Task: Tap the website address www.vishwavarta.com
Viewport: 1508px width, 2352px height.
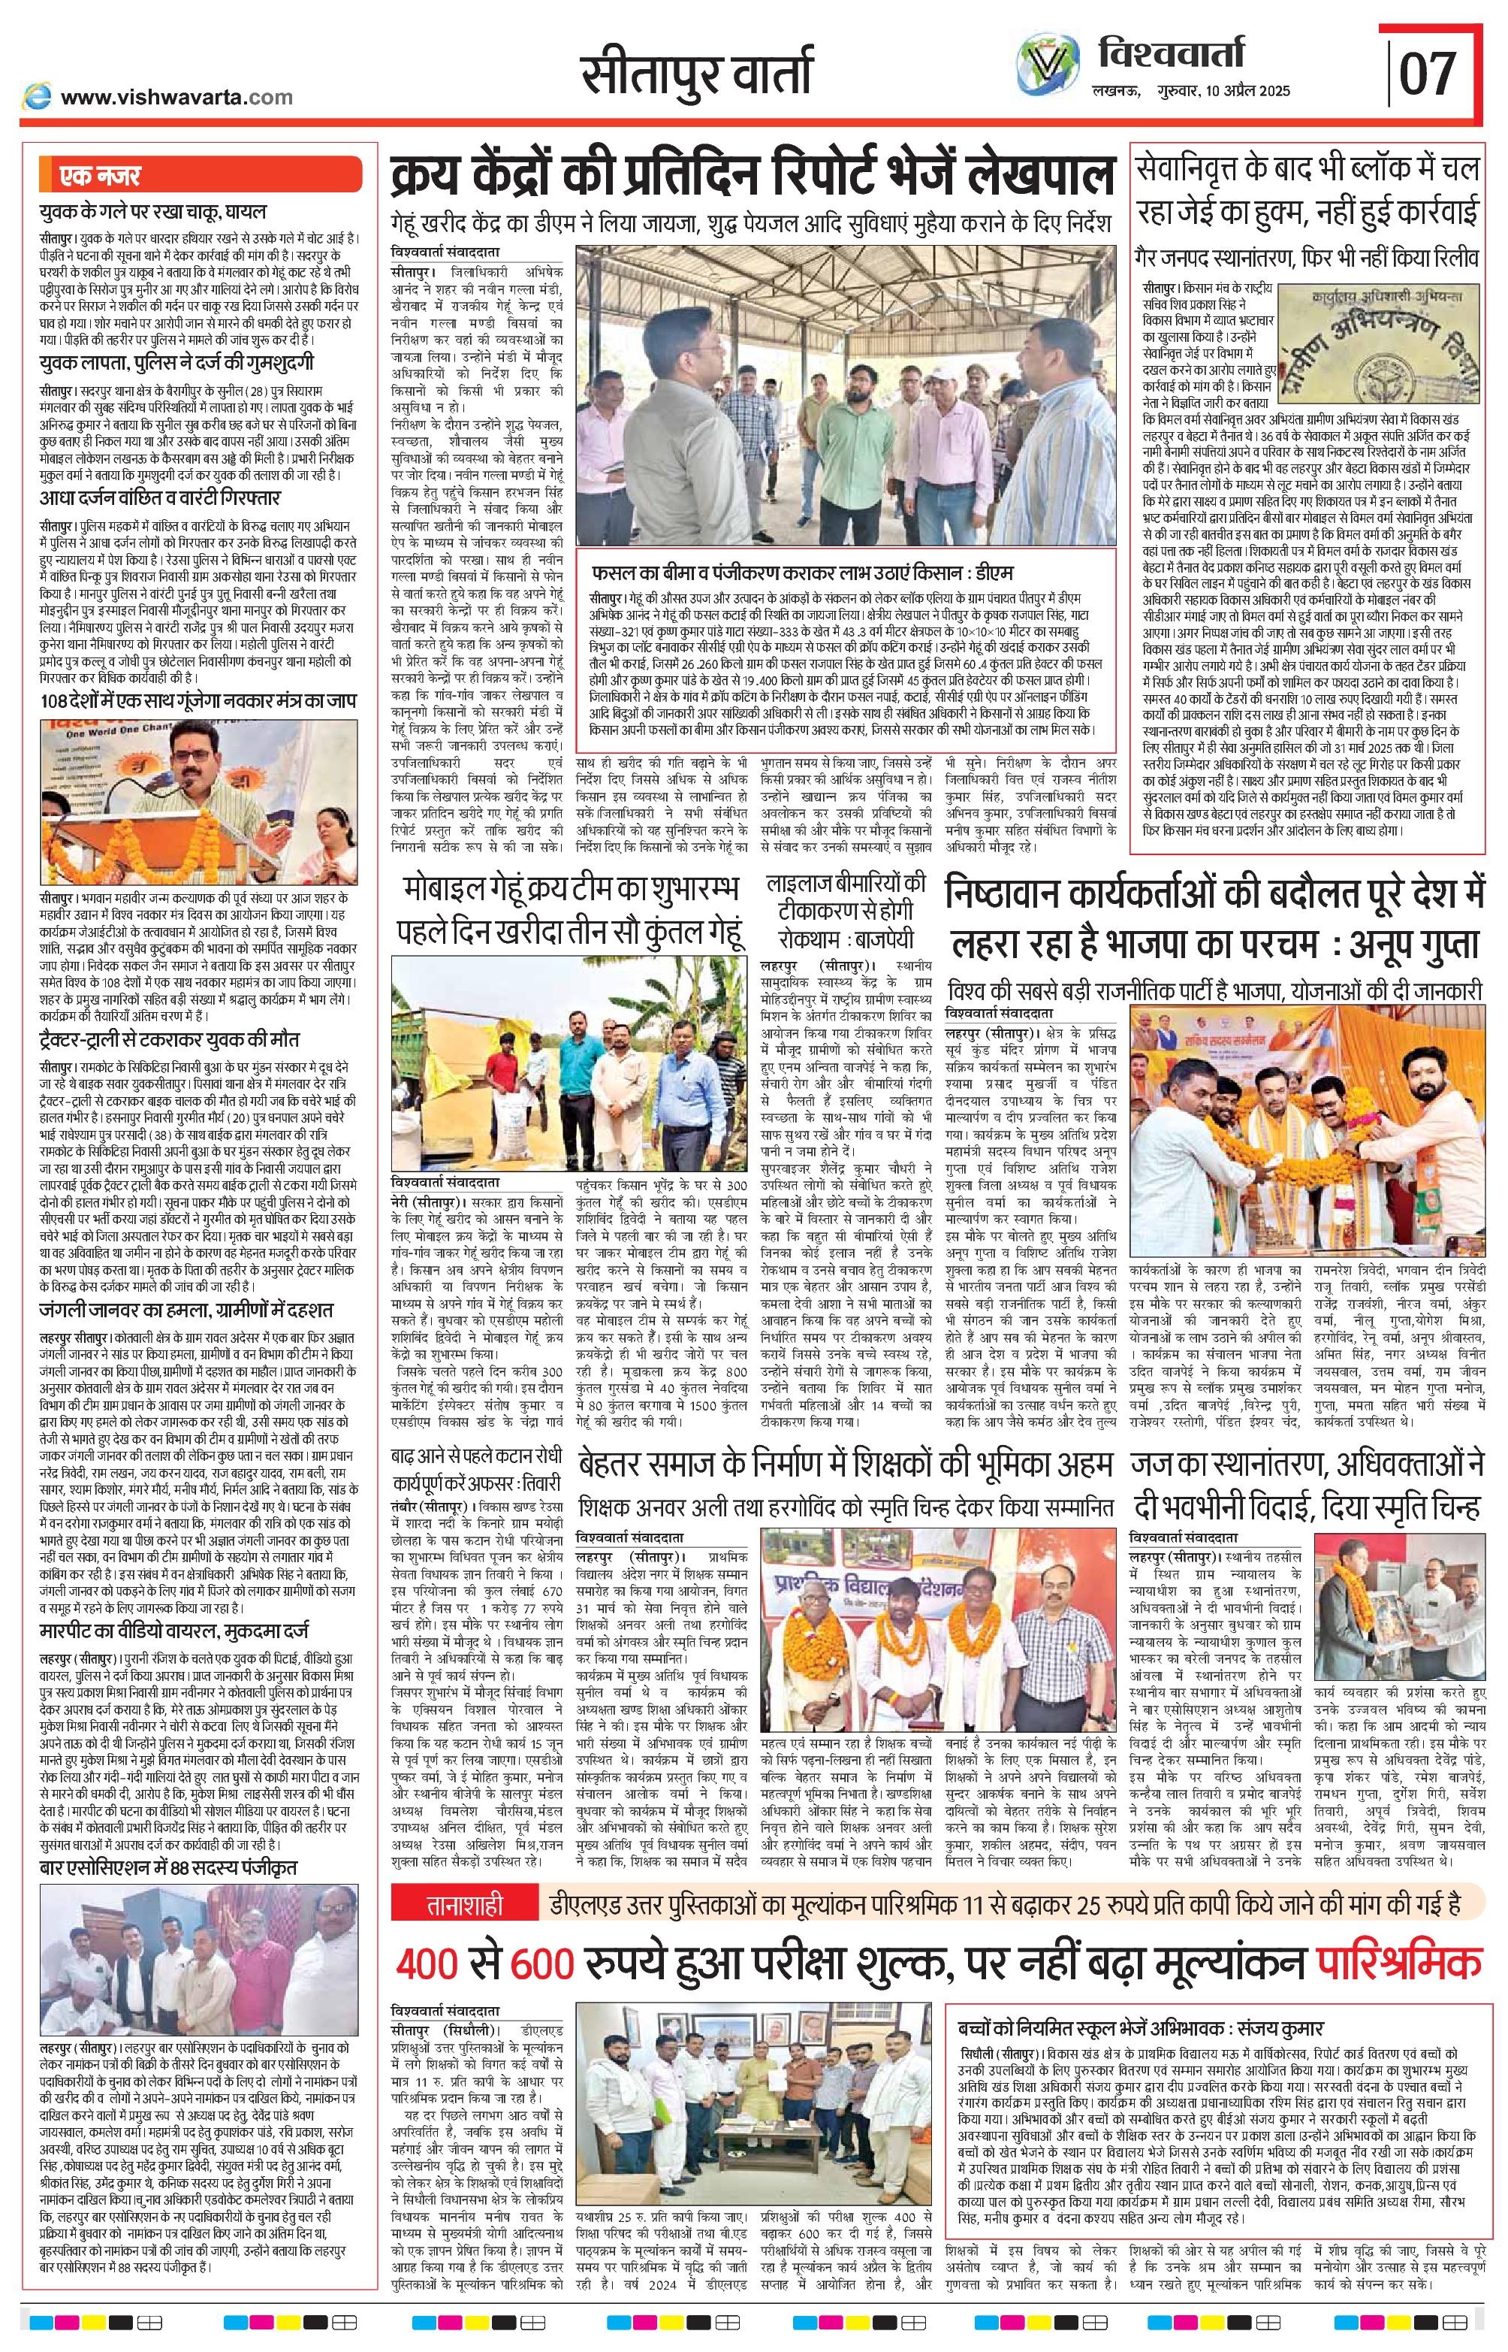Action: [x=176, y=97]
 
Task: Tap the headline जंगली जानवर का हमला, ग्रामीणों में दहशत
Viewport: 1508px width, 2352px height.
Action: [x=187, y=1310]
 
